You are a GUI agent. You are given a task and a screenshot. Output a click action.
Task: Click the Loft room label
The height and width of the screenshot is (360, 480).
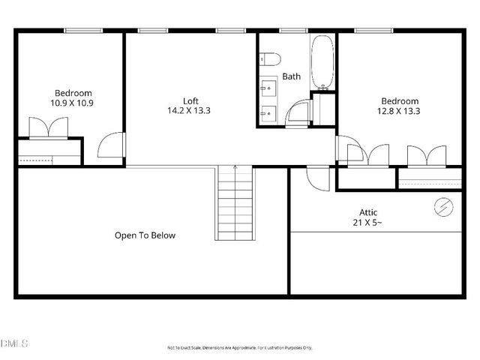tap(191, 100)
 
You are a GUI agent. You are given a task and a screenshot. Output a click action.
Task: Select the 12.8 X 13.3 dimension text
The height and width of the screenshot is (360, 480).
tap(400, 111)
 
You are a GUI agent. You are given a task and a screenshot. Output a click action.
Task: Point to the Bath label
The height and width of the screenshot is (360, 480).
tap(291, 76)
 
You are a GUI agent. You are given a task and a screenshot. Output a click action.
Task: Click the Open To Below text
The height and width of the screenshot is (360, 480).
tap(145, 235)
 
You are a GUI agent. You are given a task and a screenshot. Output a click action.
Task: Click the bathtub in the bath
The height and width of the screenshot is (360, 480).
tap(322, 60)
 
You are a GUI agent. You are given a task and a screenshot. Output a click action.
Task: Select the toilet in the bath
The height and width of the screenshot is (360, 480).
tap(271, 58)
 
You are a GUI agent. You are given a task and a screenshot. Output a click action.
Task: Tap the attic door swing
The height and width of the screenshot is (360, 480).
tap(316, 178)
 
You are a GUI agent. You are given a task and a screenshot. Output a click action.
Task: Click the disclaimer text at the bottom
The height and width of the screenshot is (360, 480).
tap(239, 347)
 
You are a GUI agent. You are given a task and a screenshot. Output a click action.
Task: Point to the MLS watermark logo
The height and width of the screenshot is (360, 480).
tap(14, 343)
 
